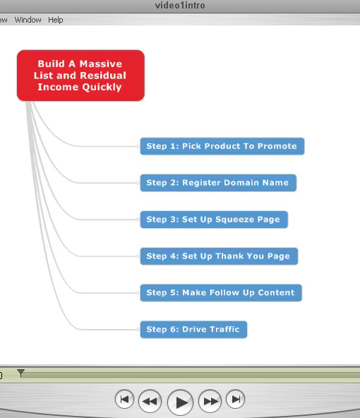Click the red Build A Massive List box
pos(80,76)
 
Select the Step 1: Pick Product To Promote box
pos(222,146)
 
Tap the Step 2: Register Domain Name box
pos(218,183)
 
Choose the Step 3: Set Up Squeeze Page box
pos(214,220)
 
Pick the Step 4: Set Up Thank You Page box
pos(219,256)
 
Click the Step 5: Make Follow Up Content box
pos(221,293)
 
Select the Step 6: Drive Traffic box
pos(193,330)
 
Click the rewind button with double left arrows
pos(150,401)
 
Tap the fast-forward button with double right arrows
pos(210,401)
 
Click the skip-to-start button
pos(124,399)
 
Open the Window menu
pos(28,20)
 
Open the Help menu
pos(56,20)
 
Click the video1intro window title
pos(180,6)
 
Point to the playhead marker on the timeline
pos(20,373)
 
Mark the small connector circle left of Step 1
pos(138,146)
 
